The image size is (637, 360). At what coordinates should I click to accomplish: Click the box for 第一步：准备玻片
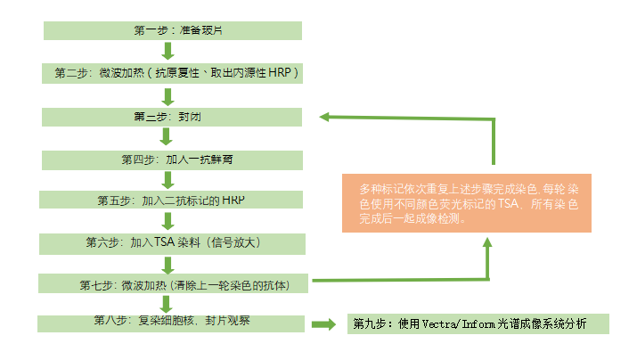tap(174, 30)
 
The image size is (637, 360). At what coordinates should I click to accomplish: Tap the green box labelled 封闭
tap(174, 116)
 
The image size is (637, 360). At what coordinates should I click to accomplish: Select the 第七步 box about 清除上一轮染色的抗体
tap(176, 284)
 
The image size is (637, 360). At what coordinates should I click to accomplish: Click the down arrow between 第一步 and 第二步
tap(166, 52)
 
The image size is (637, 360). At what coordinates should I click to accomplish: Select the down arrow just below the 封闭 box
tap(166, 136)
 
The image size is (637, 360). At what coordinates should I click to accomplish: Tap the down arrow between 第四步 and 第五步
tap(166, 180)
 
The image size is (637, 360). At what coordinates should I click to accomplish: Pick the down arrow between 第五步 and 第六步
tap(166, 222)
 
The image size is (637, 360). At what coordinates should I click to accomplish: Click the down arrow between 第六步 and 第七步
tap(166, 264)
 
